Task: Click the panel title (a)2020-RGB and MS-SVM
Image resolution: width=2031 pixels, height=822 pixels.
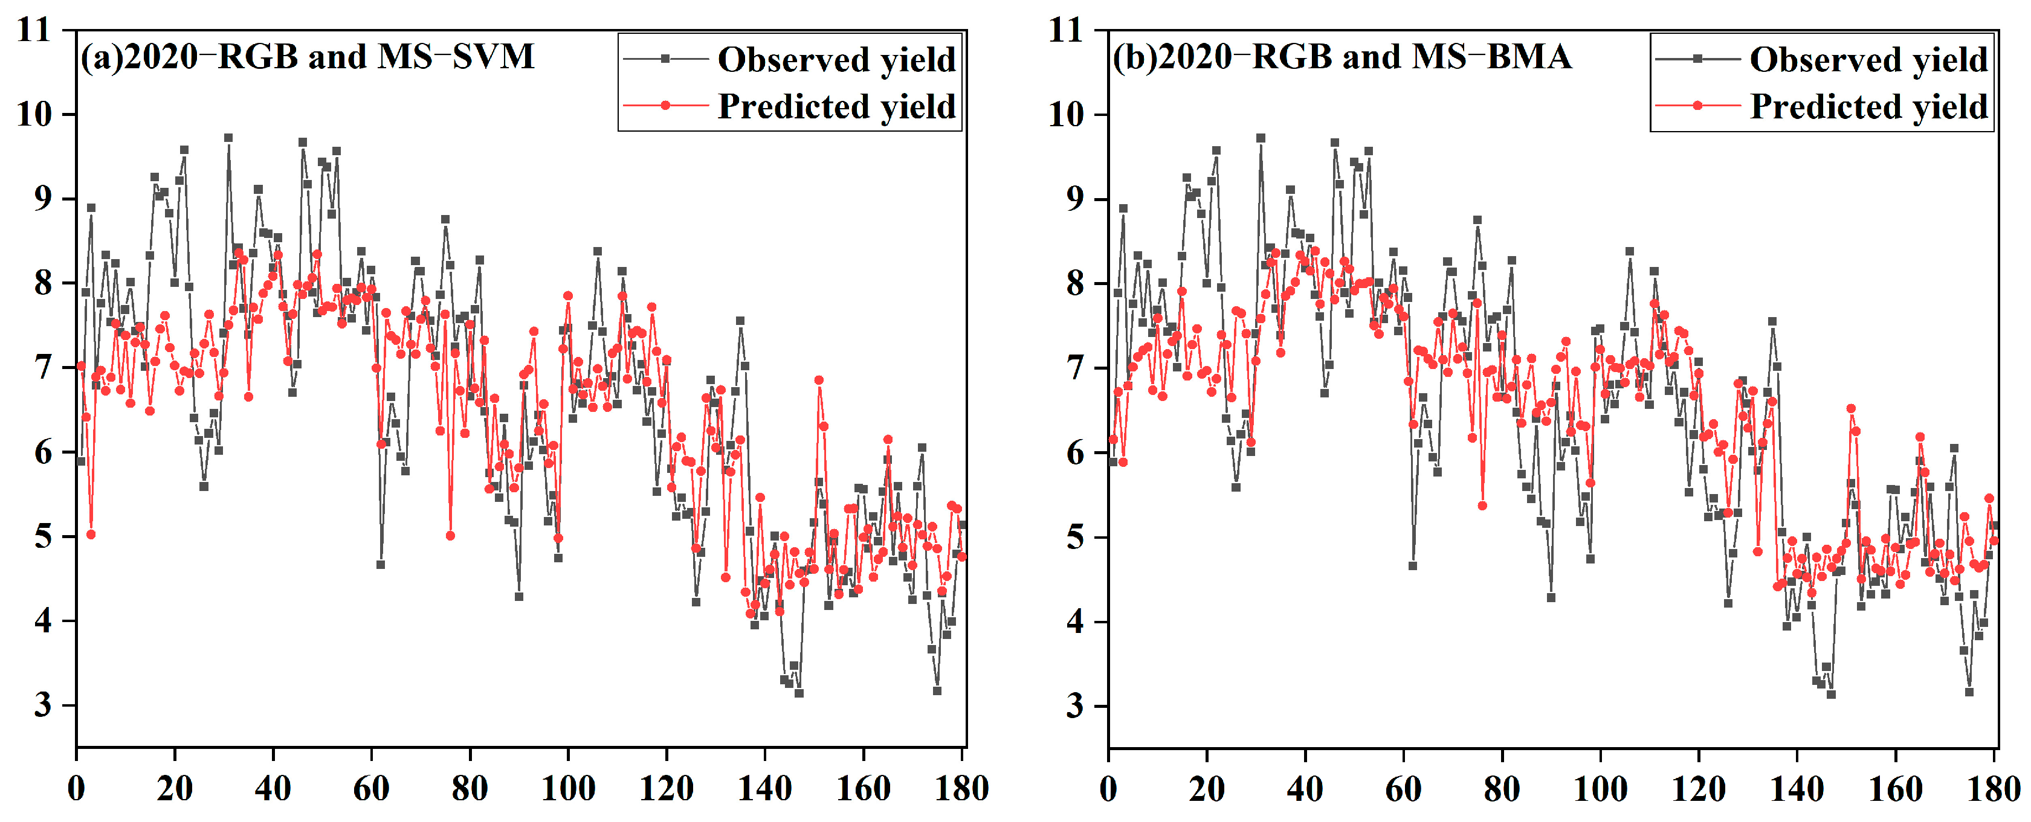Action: click(308, 57)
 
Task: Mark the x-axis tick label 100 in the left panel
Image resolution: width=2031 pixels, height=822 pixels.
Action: click(567, 789)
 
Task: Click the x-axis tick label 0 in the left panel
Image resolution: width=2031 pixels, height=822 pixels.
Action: click(77, 789)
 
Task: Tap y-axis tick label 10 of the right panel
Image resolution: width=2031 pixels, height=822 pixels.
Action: click(1066, 115)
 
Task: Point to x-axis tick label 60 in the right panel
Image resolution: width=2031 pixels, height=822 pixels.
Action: click(1403, 789)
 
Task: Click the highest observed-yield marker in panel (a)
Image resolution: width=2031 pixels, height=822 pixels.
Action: click(228, 138)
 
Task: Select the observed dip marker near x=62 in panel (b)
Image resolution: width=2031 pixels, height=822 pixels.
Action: click(1413, 566)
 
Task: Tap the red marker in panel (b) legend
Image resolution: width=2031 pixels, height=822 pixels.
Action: click(1697, 106)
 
